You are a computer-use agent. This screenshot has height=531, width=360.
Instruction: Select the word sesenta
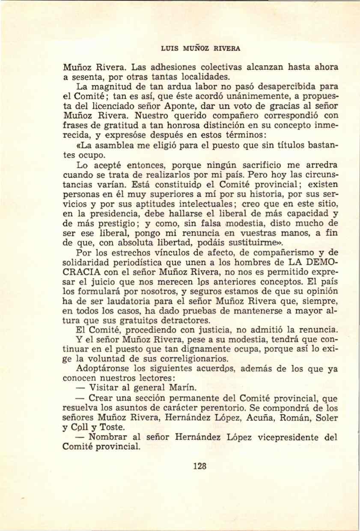(84, 77)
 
